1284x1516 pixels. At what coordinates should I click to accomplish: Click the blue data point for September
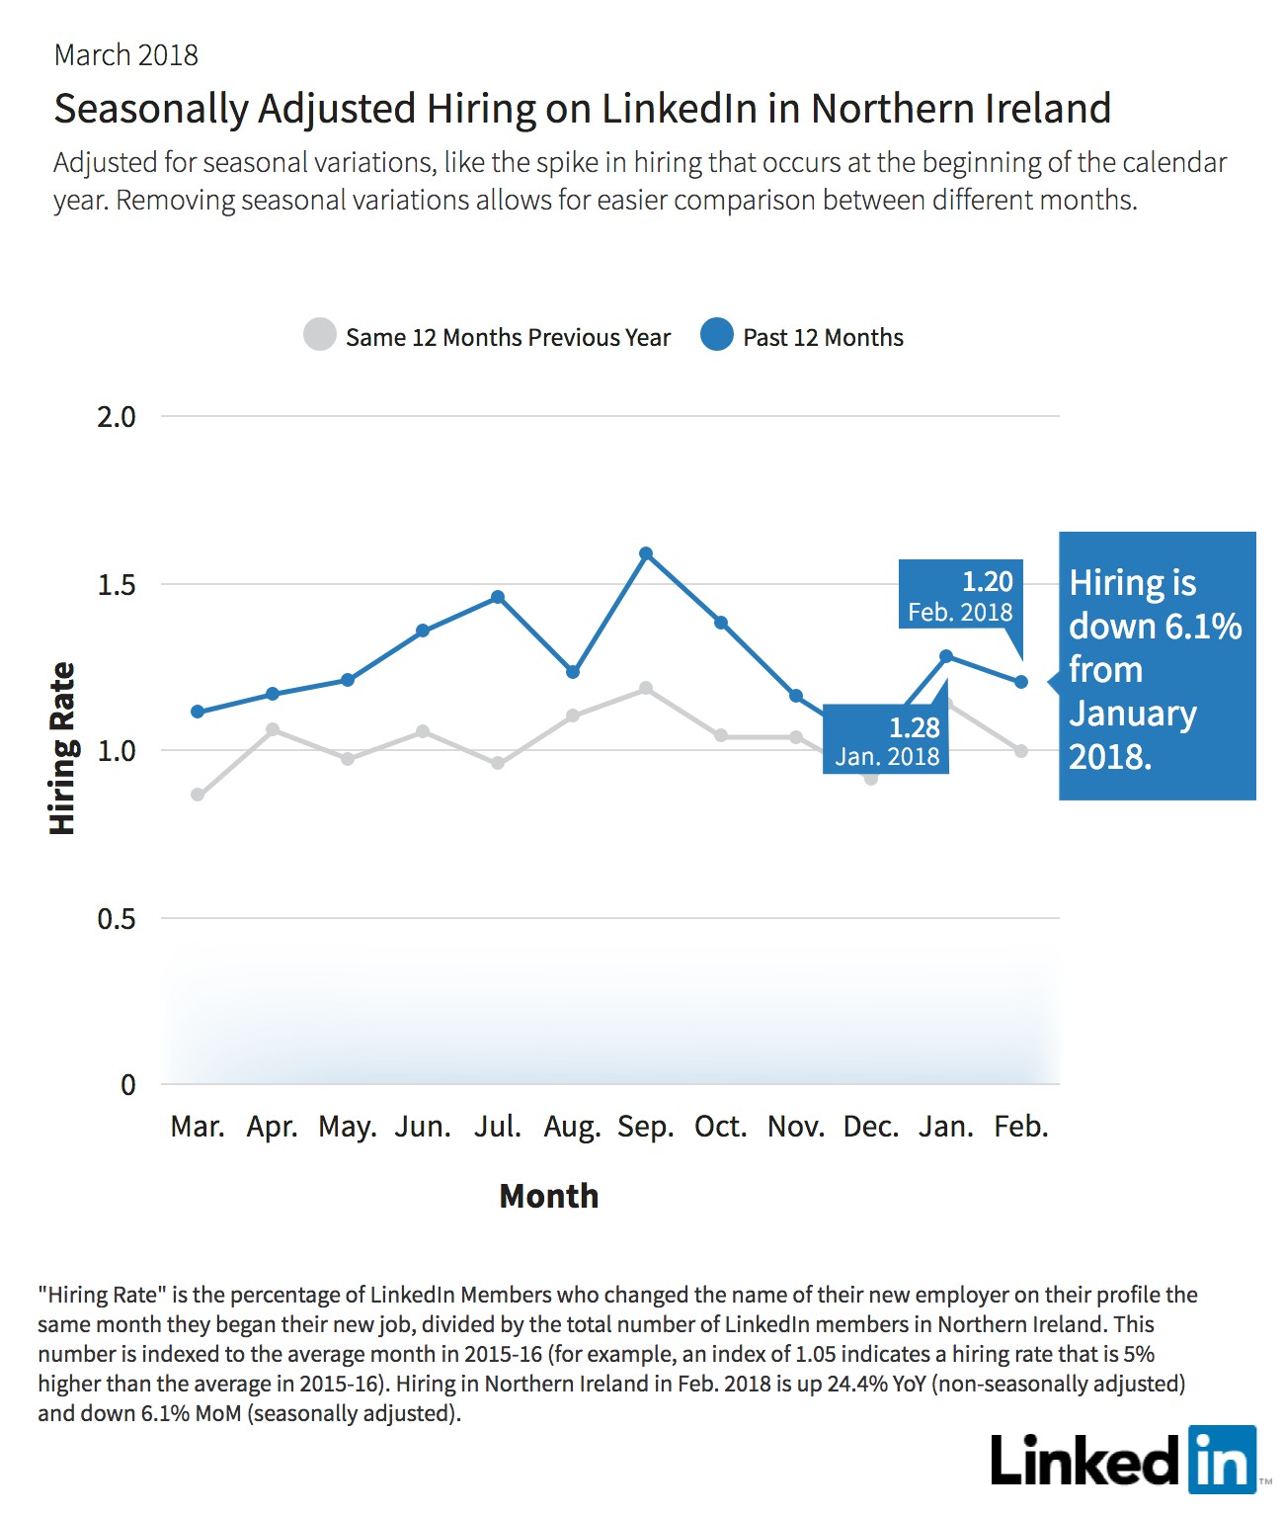(646, 553)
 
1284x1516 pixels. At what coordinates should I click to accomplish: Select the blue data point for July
(498, 596)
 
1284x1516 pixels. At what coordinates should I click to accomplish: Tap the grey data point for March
(198, 795)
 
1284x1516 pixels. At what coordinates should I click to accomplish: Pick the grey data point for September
(646, 688)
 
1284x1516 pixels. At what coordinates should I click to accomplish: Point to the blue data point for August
(573, 672)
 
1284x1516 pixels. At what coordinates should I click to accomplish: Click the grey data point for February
(1021, 750)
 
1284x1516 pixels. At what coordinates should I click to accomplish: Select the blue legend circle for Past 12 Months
(717, 334)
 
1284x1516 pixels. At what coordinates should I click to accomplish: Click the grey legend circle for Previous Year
(320, 334)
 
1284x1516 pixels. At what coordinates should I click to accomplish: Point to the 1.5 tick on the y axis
(117, 585)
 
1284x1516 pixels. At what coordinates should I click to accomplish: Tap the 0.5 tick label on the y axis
(117, 918)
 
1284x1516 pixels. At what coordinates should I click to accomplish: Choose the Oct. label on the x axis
(720, 1127)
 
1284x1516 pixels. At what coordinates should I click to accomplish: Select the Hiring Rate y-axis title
(62, 748)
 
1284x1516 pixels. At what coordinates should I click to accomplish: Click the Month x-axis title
(549, 1196)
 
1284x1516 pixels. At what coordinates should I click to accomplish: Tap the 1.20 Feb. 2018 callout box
(961, 594)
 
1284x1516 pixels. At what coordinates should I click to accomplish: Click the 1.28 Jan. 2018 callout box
(886, 739)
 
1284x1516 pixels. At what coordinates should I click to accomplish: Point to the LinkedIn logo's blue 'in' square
(1223, 1460)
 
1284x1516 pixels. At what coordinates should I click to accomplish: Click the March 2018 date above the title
(126, 55)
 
